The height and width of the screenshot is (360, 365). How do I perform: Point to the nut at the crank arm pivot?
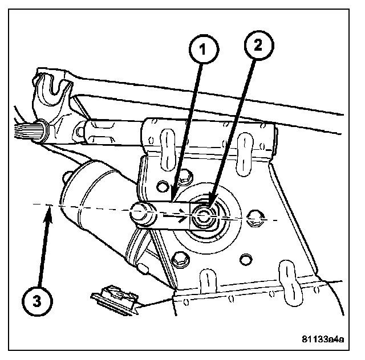click(x=204, y=216)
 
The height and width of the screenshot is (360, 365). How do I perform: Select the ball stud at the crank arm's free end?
click(x=139, y=213)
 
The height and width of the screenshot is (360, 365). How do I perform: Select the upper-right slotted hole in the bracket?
click(x=246, y=146)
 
